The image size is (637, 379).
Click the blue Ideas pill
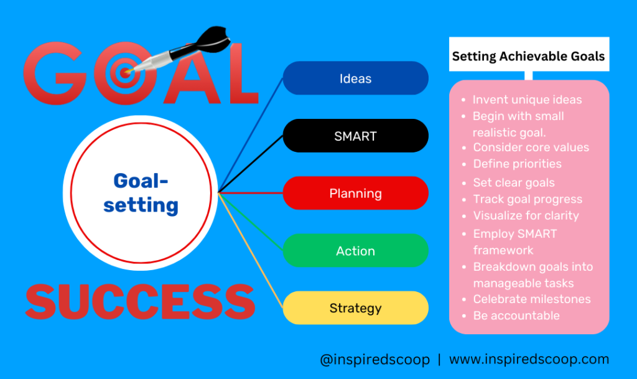point(355,78)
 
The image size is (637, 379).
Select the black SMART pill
point(355,136)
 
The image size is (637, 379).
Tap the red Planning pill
point(355,193)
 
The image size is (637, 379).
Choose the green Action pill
point(355,251)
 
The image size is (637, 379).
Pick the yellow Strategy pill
point(355,308)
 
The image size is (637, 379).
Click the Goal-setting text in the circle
point(141,193)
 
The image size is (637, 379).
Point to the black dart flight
point(213,37)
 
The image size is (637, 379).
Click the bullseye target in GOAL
point(124,73)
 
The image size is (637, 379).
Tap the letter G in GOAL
point(55,73)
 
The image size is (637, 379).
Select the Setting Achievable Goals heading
point(529,56)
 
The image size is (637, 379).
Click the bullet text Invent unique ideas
point(527,100)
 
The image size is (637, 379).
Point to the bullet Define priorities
point(517,164)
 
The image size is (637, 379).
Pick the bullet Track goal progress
point(528,199)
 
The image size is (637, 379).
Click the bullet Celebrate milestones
point(532,299)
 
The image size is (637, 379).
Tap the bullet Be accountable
point(516,316)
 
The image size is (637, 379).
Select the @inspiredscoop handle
point(374,360)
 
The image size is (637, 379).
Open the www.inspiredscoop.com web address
point(529,360)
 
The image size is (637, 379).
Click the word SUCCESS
point(140,301)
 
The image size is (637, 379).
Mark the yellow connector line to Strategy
point(251,250)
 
